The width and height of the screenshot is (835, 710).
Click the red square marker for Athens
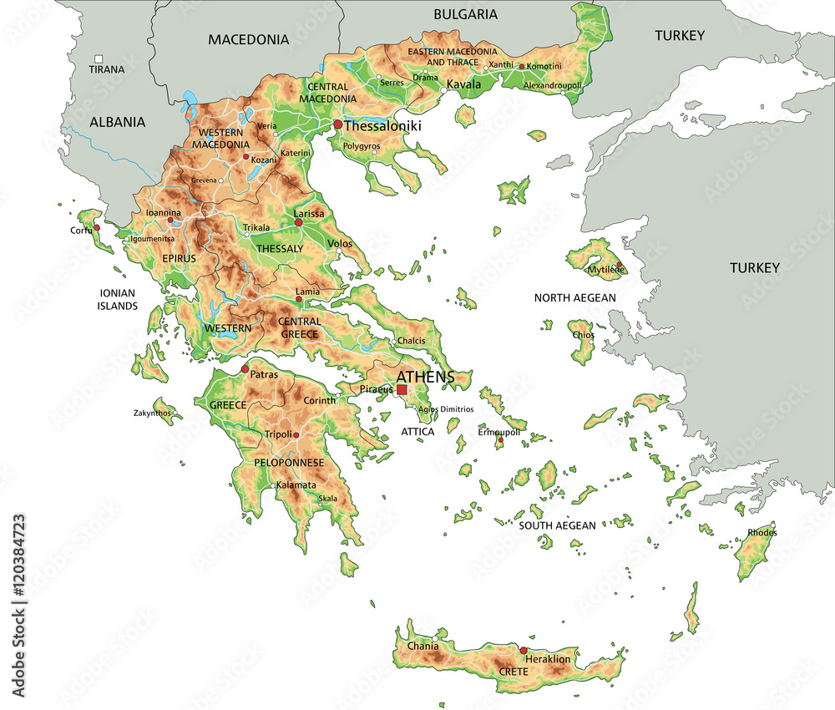[402, 389]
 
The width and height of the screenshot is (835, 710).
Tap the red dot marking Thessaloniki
[337, 124]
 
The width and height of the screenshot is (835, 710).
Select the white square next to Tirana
[99, 58]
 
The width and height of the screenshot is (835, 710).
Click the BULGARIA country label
[465, 14]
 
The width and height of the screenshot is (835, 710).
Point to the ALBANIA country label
[117, 122]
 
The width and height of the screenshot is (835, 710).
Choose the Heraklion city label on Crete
[548, 659]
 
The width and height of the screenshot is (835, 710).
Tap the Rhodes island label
[762, 532]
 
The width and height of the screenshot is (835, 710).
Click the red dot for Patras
[245, 368]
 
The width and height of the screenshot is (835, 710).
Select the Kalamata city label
[296, 484]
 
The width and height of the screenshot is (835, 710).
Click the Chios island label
[584, 335]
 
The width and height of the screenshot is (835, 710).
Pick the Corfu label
[81, 230]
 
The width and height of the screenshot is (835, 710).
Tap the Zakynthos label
[152, 413]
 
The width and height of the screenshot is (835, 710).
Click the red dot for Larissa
[298, 222]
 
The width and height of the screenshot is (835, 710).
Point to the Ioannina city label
[164, 212]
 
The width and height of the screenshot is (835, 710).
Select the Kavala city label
[463, 84]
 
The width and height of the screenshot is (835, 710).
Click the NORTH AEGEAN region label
[574, 297]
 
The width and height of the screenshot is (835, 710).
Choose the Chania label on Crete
[423, 646]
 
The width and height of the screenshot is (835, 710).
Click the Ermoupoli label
[498, 432]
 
